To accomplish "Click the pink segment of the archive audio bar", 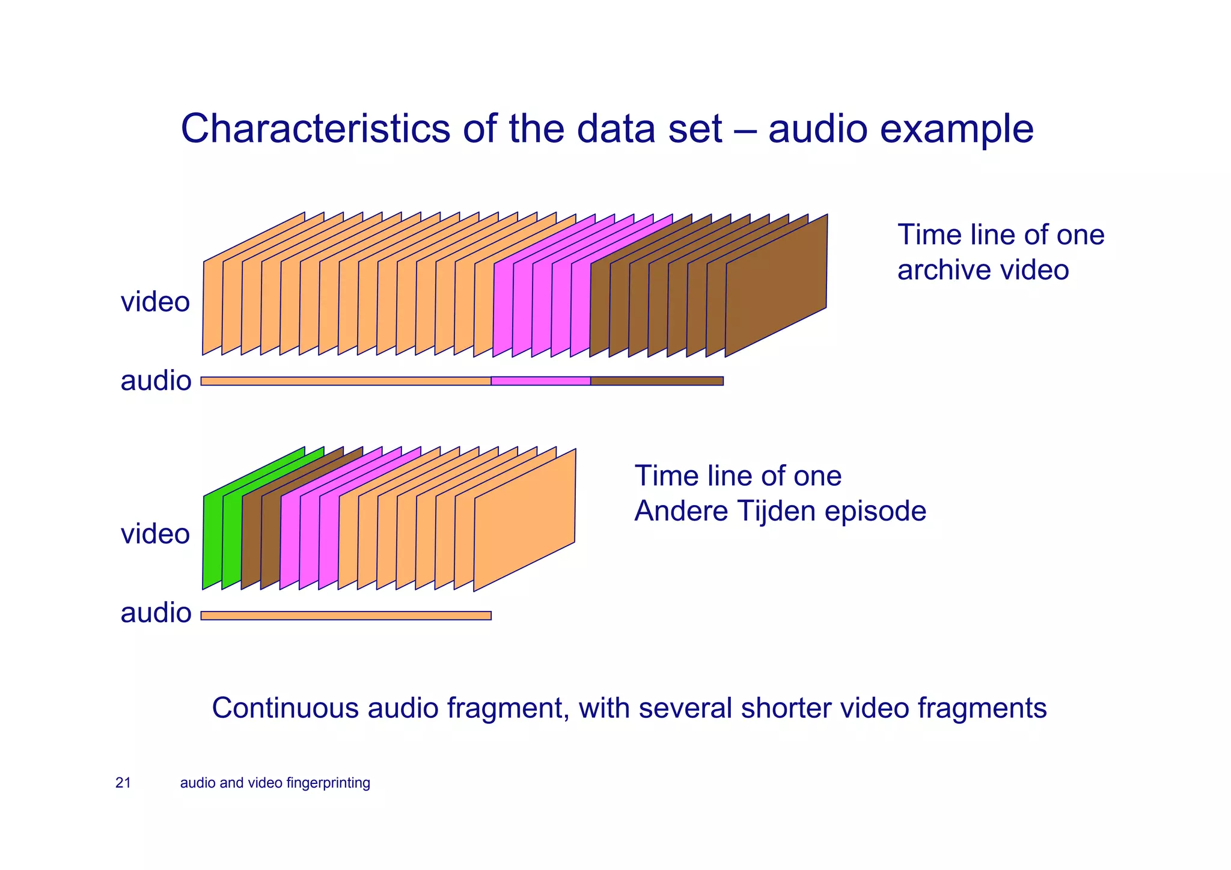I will [x=540, y=381].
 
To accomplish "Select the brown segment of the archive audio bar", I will [x=656, y=381].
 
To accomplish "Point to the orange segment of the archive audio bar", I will [x=346, y=381].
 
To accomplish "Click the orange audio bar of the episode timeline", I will [x=346, y=615].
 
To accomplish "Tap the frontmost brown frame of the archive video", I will [x=776, y=286].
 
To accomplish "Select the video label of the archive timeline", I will [x=155, y=301].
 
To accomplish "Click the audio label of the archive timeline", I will [x=156, y=381].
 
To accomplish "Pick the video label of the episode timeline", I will [x=155, y=534].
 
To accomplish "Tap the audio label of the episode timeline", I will [x=156, y=613].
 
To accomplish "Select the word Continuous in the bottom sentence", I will [x=285, y=708].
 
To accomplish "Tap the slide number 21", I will [x=123, y=783].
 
